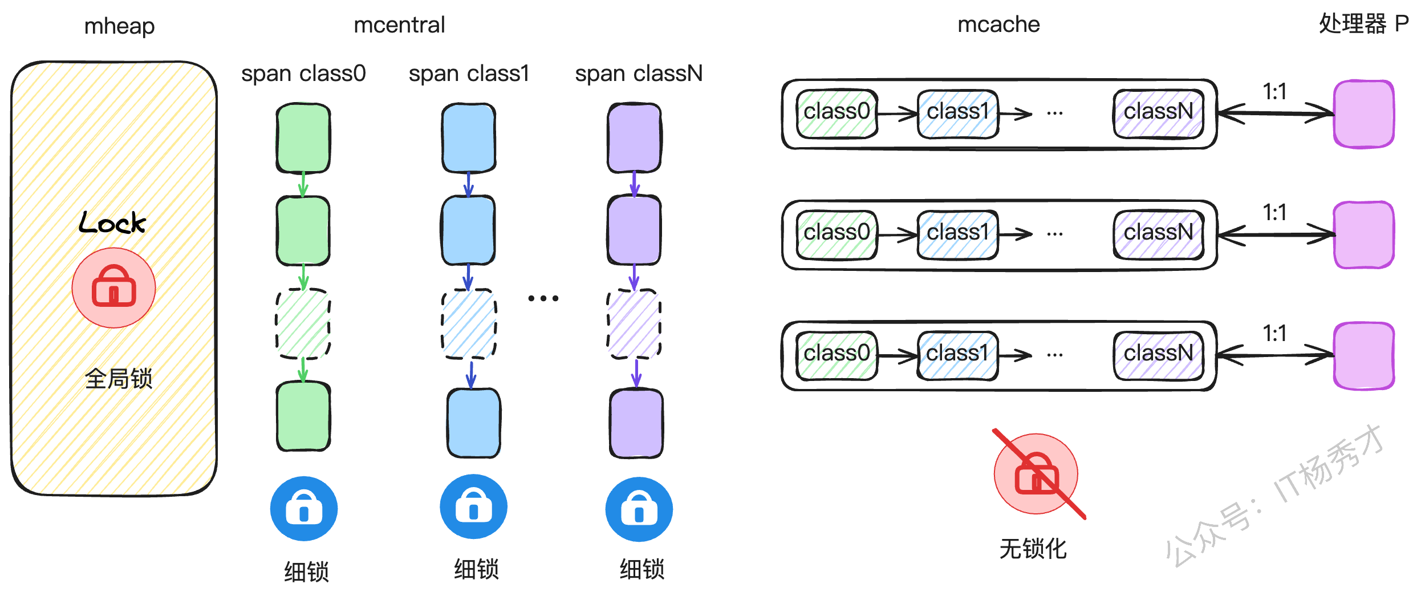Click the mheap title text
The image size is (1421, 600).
(119, 26)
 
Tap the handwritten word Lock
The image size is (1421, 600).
(112, 222)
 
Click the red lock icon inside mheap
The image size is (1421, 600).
(113, 287)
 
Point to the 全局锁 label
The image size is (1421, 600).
(119, 378)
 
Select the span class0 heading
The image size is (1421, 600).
(303, 74)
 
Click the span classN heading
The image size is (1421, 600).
(639, 74)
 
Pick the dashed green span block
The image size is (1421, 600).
(303, 323)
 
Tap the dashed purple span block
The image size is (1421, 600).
(634, 323)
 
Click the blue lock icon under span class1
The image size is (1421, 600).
(473, 507)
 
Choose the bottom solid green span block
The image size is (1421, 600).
(303, 416)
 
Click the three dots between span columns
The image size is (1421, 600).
(543, 298)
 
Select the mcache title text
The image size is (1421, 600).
(998, 25)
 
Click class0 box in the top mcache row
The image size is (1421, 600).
(837, 113)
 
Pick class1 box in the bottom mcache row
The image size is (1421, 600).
(957, 355)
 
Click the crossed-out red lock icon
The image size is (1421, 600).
(1036, 474)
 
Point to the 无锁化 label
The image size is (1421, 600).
(1033, 549)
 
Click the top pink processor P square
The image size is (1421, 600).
(1363, 114)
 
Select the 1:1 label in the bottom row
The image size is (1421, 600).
(1274, 334)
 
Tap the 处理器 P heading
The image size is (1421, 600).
(1363, 24)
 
